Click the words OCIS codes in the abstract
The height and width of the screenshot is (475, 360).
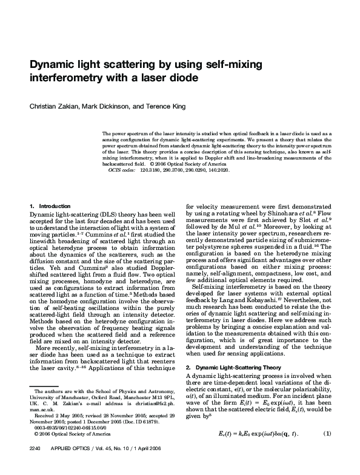click(x=122, y=172)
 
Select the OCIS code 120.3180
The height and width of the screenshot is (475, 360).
click(x=149, y=172)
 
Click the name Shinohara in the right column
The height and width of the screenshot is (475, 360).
click(x=288, y=214)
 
